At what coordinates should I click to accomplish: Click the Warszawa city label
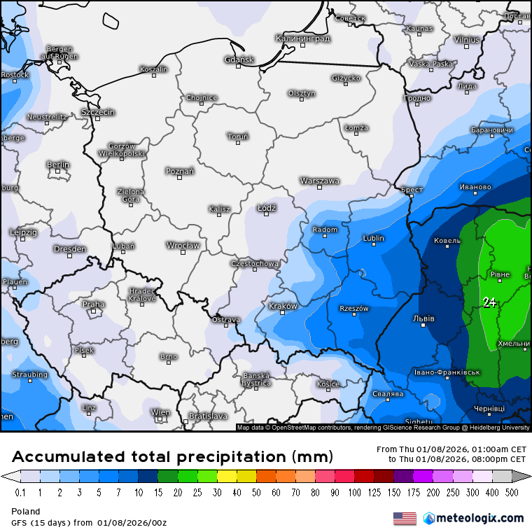[319, 181]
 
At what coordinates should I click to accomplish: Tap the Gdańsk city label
[239, 59]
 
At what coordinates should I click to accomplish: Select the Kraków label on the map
[283, 306]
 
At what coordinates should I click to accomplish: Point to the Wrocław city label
[183, 245]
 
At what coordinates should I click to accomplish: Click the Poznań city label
[180, 171]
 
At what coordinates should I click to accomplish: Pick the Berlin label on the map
[57, 164]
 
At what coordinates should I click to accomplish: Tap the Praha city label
[94, 304]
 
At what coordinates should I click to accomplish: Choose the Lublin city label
[373, 238]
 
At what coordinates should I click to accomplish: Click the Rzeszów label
[353, 308]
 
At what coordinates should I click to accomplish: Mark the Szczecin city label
[98, 112]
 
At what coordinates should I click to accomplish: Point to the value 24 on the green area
[490, 302]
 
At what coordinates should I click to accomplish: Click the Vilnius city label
[466, 39]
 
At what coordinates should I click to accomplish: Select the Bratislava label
[208, 416]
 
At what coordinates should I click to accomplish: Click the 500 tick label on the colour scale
[513, 492]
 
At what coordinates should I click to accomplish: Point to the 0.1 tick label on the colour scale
[20, 492]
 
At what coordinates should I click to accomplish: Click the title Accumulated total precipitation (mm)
[172, 457]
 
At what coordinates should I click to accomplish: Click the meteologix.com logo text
[479, 518]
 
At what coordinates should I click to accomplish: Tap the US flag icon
[405, 518]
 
